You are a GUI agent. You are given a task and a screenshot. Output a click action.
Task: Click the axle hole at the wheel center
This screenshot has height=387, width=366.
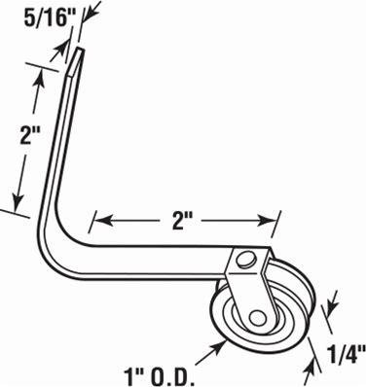[257, 318]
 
